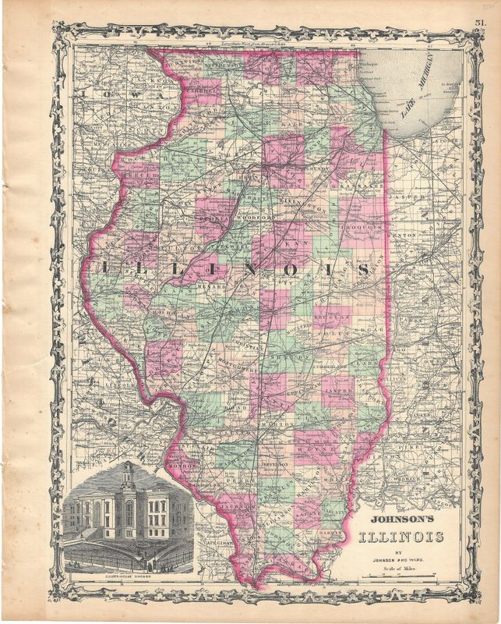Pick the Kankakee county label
(360, 188)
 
